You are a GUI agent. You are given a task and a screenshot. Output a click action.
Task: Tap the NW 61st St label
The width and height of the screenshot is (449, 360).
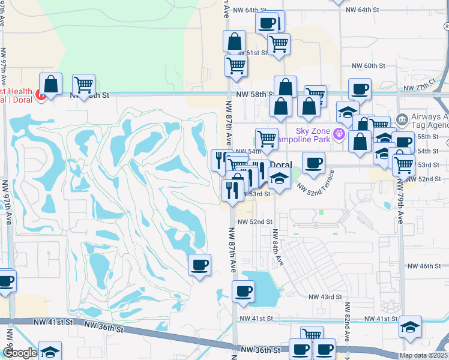pyautogui.click(x=252, y=53)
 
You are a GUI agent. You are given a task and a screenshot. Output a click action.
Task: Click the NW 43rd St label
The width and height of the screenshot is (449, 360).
pyautogui.click(x=325, y=297)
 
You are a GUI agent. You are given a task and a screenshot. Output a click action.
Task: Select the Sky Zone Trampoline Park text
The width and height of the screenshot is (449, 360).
pyautogui.click(x=315, y=136)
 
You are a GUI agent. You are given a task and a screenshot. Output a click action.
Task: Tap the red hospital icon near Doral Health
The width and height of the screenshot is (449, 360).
pyautogui.click(x=40, y=94)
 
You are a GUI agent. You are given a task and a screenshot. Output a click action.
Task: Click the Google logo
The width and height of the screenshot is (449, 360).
pyautogui.click(x=20, y=353)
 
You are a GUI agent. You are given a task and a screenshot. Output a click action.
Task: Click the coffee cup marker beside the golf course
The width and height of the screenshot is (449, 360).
pyautogui.click(x=199, y=264)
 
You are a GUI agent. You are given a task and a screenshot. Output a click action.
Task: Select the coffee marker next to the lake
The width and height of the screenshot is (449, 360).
pyautogui.click(x=243, y=292)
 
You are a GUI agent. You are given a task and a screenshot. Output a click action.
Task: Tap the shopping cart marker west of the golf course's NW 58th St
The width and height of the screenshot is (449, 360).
pyautogui.click(x=83, y=85)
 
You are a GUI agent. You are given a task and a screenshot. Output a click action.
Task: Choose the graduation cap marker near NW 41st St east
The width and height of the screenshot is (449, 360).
pyautogui.click(x=410, y=327)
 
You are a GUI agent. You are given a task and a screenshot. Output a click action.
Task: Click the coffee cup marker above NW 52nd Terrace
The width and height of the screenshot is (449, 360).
pyautogui.click(x=313, y=163)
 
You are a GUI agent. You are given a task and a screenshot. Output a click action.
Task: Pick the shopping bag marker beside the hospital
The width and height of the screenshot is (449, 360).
pyautogui.click(x=51, y=83)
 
